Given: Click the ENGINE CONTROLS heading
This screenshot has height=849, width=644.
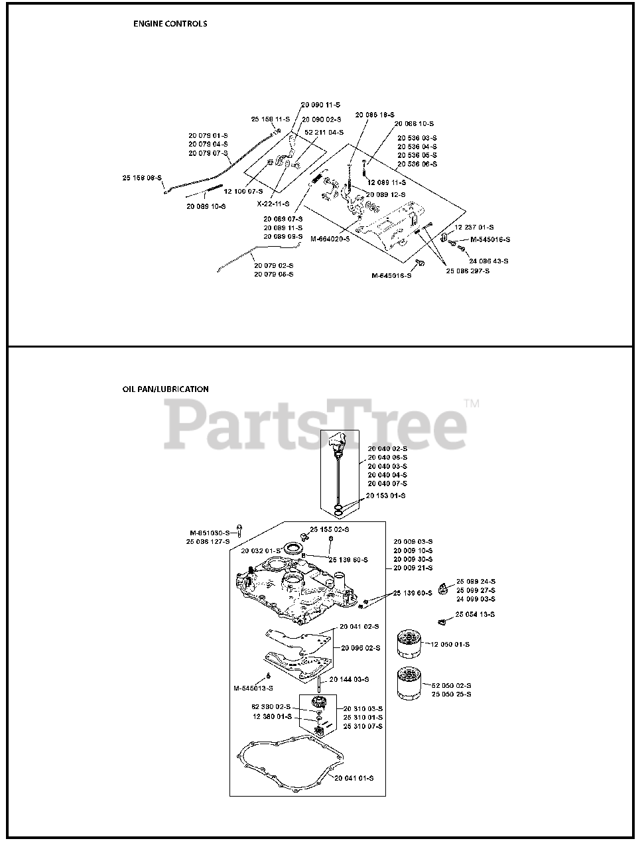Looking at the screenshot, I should (x=170, y=24).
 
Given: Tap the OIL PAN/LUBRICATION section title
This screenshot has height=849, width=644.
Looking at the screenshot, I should (x=165, y=389).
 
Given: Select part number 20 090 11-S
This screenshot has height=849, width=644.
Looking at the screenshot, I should (x=320, y=105).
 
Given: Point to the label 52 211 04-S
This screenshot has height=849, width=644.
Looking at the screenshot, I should (x=324, y=133).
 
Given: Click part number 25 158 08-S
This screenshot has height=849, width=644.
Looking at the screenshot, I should (x=143, y=178).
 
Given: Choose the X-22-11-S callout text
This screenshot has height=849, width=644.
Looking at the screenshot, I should (x=273, y=204).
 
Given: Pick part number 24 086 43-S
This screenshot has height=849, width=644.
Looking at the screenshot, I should (x=489, y=261).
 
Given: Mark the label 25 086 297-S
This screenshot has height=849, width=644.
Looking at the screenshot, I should (x=468, y=271).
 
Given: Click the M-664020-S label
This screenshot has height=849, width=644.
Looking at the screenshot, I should (x=330, y=239).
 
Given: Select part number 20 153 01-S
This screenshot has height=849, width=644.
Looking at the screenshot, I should (x=386, y=495).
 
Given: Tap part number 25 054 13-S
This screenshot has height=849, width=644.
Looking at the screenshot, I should (x=475, y=615).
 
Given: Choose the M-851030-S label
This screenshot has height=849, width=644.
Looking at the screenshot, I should (x=210, y=533).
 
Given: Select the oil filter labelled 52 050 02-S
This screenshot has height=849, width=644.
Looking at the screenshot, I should (x=409, y=683).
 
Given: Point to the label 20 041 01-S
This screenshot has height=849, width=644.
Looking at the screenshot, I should (x=354, y=778).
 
